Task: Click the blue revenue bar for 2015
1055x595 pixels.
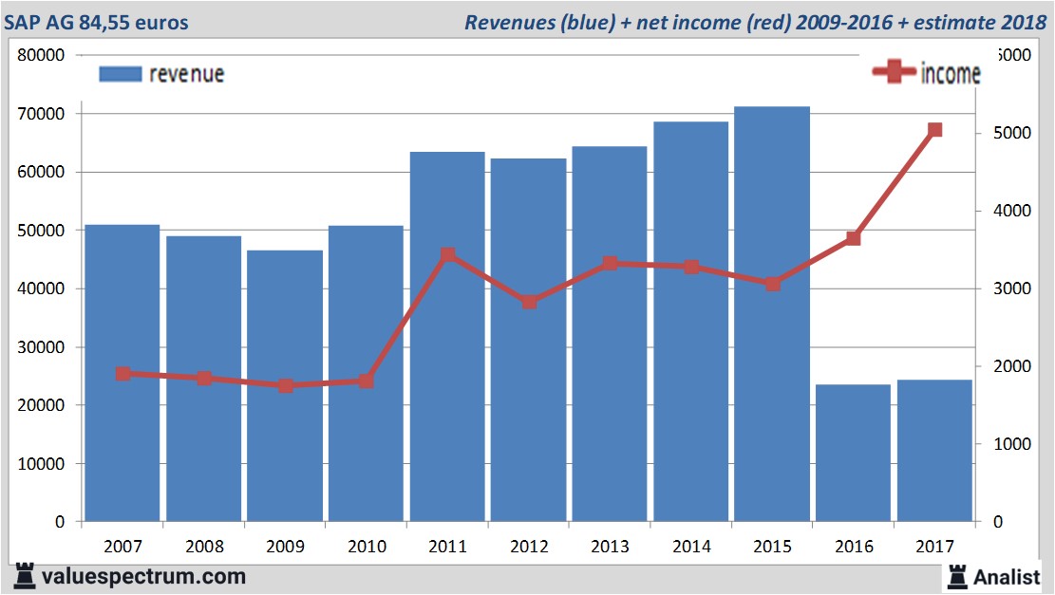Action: click(x=772, y=313)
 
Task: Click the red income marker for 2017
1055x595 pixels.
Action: click(x=934, y=130)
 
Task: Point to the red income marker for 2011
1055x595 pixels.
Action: click(x=447, y=255)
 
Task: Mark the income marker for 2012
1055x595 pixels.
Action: click(x=529, y=302)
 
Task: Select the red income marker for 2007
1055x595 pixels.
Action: click(x=122, y=374)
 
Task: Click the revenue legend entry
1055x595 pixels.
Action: click(x=161, y=74)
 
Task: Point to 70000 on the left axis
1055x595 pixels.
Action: click(x=42, y=114)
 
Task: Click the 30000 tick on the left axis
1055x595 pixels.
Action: click(x=42, y=347)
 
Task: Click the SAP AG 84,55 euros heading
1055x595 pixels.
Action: click(x=96, y=22)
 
